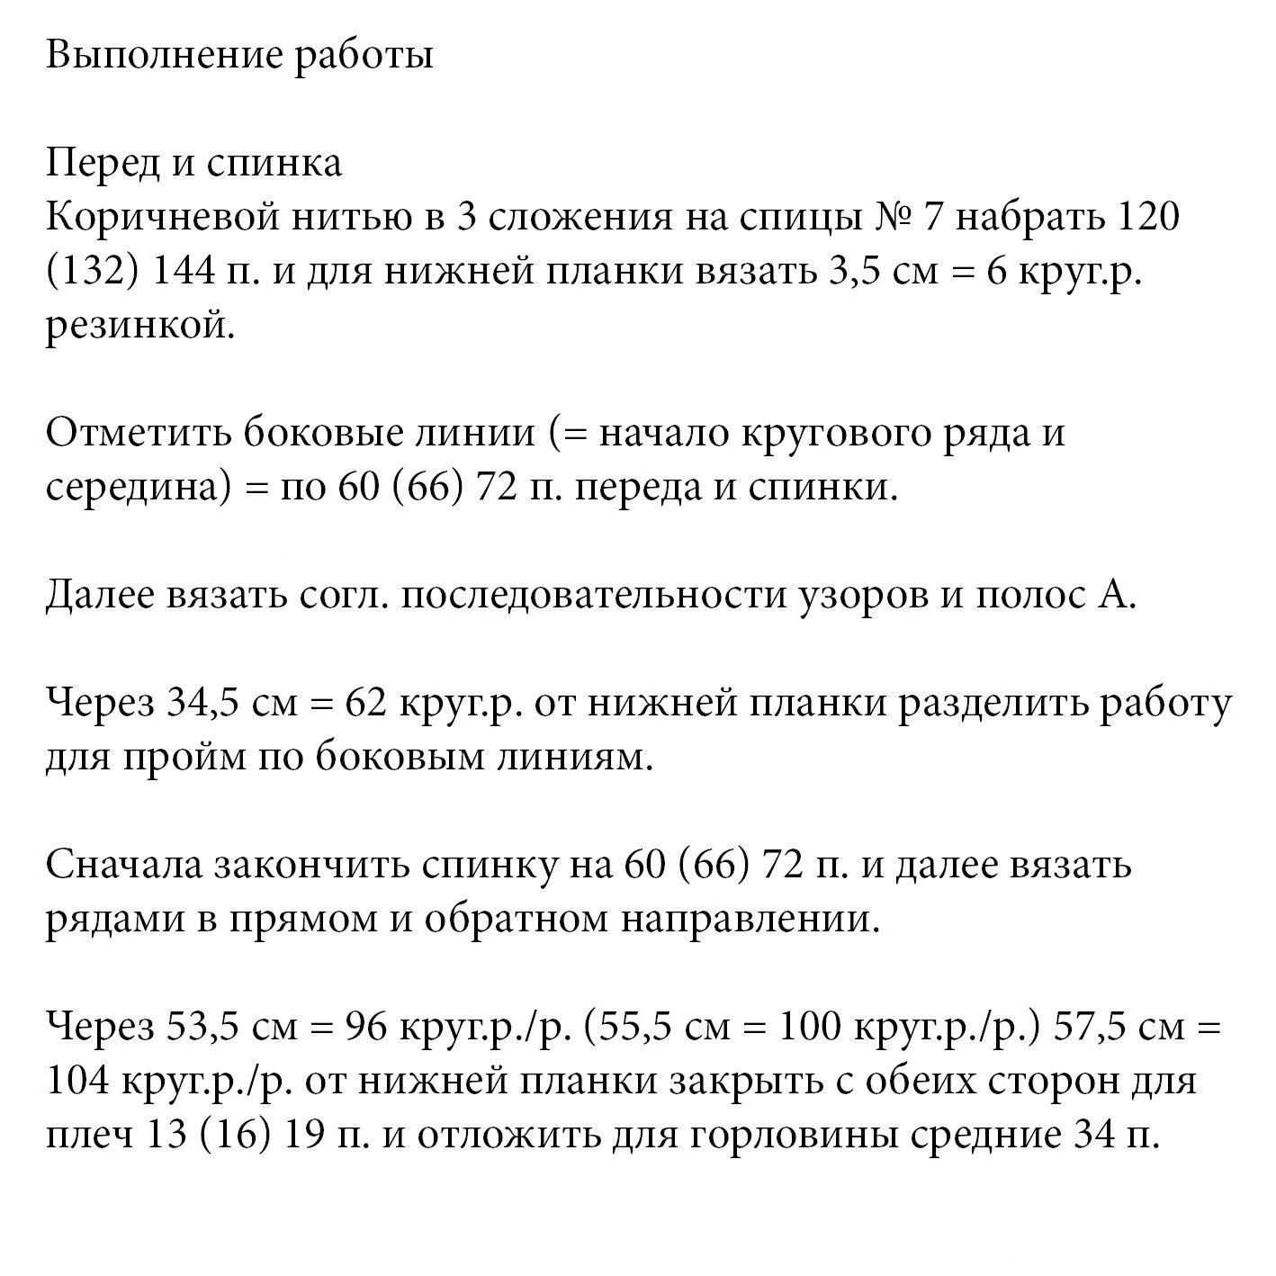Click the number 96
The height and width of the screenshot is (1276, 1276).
(x=368, y=1028)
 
